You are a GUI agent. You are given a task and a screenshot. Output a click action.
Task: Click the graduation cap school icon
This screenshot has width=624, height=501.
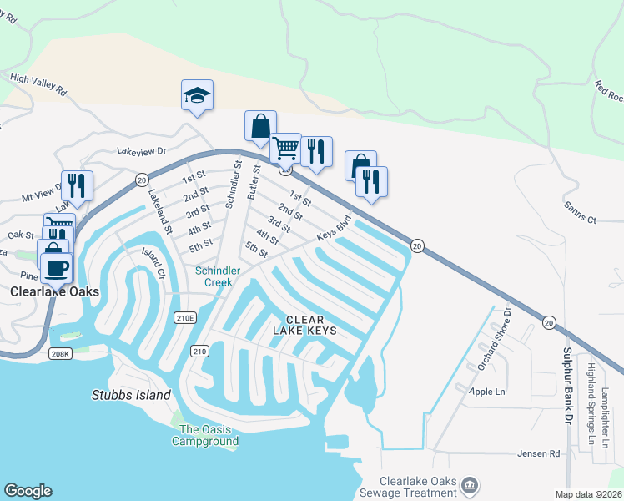point(197,95)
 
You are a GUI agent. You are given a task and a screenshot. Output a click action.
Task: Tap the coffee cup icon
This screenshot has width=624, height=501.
point(57,268)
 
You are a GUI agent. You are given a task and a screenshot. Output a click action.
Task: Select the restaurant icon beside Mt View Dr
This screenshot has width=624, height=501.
point(77,185)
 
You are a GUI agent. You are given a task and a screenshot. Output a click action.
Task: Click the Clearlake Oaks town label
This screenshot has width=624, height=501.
point(54,292)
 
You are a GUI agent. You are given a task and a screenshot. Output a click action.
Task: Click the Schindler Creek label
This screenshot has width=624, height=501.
point(218,276)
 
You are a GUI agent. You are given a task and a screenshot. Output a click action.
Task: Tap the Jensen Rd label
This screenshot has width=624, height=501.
point(542,454)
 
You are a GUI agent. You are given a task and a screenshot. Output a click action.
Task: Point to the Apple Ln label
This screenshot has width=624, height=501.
point(487,391)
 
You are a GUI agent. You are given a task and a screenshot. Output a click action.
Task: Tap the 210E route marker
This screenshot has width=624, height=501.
point(185,317)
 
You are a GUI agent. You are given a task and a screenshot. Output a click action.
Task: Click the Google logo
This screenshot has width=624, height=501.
point(28,491)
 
